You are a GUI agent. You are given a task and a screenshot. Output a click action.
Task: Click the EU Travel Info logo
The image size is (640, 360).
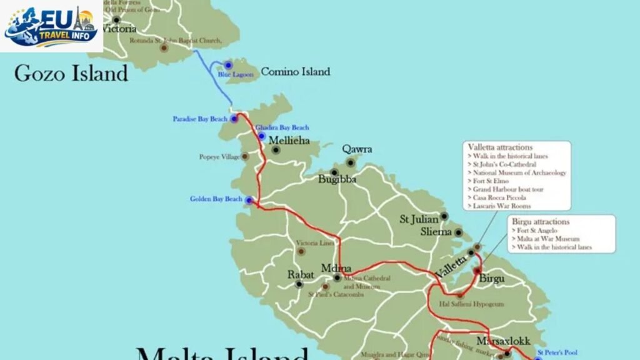[x=52, y=26]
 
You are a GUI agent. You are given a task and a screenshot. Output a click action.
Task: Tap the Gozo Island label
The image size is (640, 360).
[x=71, y=73]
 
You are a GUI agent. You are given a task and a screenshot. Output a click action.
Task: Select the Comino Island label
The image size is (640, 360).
[x=295, y=72]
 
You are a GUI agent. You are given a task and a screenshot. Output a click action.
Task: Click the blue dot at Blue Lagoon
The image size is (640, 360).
[x=228, y=65]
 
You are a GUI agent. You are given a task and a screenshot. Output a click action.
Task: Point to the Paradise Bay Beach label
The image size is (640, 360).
[x=201, y=119]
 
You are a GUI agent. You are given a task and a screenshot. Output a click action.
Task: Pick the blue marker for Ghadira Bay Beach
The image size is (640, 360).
[x=261, y=136]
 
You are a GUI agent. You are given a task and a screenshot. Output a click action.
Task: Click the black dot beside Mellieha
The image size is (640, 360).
[x=276, y=150]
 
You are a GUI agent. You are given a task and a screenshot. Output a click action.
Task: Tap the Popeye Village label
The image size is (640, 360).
[x=219, y=157]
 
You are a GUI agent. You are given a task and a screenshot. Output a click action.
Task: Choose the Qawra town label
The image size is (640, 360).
[x=357, y=149]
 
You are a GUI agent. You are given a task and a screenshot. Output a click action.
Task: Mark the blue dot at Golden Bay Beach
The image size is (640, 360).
[x=249, y=200]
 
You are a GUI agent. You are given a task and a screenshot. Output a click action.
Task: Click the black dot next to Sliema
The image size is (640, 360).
[x=458, y=232]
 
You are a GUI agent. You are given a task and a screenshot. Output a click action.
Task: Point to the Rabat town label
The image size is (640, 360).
[x=300, y=274]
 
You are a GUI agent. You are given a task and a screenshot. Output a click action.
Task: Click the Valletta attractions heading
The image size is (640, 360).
[x=500, y=147]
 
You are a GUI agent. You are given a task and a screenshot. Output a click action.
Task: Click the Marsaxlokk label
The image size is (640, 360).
[x=503, y=341]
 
